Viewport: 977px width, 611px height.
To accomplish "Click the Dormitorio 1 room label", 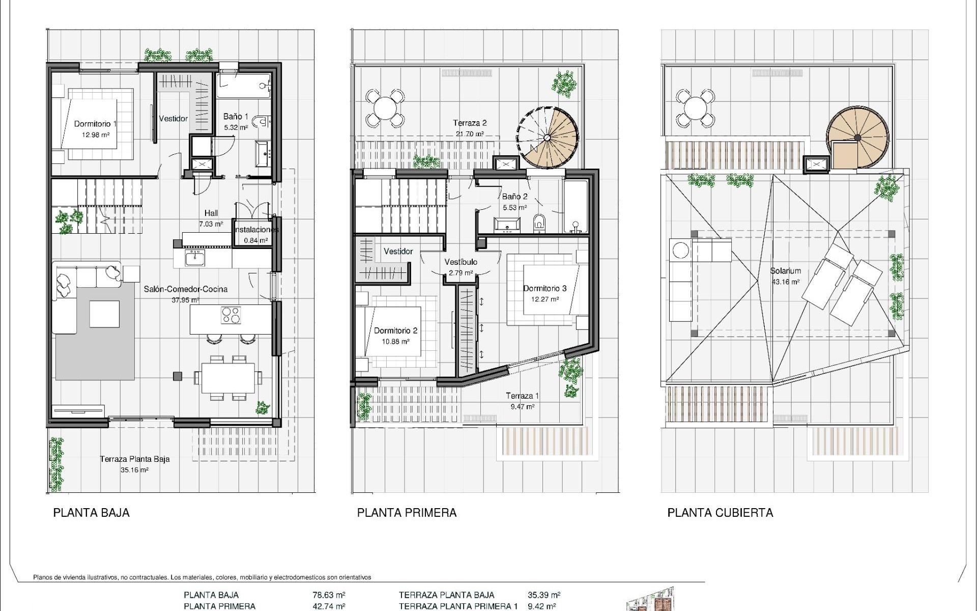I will tap(95, 124).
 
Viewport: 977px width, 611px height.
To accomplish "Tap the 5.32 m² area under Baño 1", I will tap(236, 128).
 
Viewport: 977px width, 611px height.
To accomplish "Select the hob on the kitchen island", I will tap(231, 316).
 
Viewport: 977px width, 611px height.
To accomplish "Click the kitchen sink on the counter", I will tap(194, 259).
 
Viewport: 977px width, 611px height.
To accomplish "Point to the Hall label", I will tap(211, 213).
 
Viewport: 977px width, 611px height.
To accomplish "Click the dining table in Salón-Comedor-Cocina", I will tap(228, 377).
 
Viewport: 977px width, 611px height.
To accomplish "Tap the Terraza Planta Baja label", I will tap(134, 459).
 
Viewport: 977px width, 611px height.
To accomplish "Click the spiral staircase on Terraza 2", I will tap(548, 137).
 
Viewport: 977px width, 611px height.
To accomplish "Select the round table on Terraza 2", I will tap(385, 108).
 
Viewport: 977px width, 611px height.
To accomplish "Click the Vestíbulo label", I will tap(461, 262).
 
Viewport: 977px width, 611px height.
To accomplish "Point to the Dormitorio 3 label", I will tap(544, 288).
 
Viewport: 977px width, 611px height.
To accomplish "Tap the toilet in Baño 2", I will tap(539, 223).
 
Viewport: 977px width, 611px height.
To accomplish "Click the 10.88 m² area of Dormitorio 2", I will tap(395, 342).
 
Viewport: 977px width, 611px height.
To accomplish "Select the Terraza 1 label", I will tap(522, 396).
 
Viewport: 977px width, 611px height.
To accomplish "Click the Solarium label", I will tap(785, 271).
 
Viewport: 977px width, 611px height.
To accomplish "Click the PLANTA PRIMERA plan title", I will tap(407, 513).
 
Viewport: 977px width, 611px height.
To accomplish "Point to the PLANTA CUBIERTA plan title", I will tap(720, 513).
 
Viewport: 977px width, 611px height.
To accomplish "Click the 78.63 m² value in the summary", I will tap(329, 595).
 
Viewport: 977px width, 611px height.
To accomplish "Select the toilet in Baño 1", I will tap(261, 121).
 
